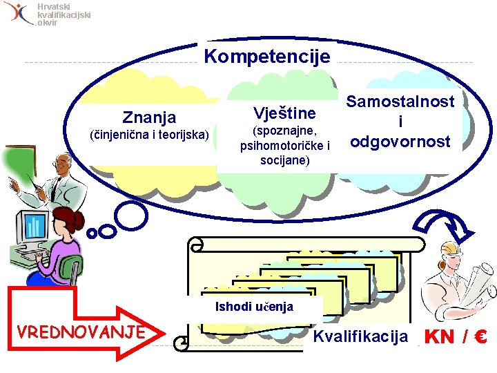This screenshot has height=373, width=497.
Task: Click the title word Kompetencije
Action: [x=267, y=57]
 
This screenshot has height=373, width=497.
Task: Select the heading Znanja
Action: [x=149, y=117]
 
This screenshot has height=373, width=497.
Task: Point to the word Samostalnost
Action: [x=400, y=102]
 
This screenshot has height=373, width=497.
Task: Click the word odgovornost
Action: [x=400, y=142]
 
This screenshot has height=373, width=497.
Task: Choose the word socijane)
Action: [x=285, y=160]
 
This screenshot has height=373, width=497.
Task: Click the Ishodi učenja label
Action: [x=254, y=307]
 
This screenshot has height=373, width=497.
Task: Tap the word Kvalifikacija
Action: [x=360, y=337]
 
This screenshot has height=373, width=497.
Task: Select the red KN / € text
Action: [x=456, y=337]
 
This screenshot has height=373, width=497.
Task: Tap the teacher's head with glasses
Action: [x=62, y=164]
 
